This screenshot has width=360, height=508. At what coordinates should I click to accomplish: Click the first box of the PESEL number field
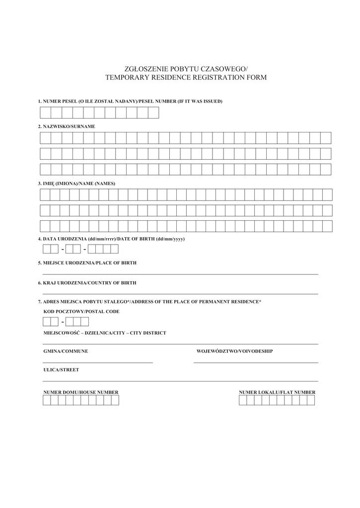point(45,113)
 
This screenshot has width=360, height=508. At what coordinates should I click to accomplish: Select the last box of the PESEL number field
point(153,113)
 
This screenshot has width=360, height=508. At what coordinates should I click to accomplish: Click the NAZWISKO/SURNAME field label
point(67,127)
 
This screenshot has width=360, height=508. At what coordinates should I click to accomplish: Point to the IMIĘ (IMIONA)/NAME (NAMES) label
point(76,184)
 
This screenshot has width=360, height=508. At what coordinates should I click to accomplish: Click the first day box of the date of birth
point(47,249)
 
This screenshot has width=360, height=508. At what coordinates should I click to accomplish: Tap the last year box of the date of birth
point(114,249)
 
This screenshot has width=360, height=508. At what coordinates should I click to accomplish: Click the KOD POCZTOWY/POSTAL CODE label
point(81,312)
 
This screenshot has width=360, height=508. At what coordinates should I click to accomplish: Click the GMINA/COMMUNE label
point(66,351)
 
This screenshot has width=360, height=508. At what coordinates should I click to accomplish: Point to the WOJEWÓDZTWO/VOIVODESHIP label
point(234,351)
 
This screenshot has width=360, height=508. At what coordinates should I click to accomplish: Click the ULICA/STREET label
point(61,370)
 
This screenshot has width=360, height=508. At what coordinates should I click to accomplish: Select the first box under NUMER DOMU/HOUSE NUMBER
point(47,400)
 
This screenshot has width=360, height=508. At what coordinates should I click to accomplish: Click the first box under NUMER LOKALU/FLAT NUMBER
point(243,400)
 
